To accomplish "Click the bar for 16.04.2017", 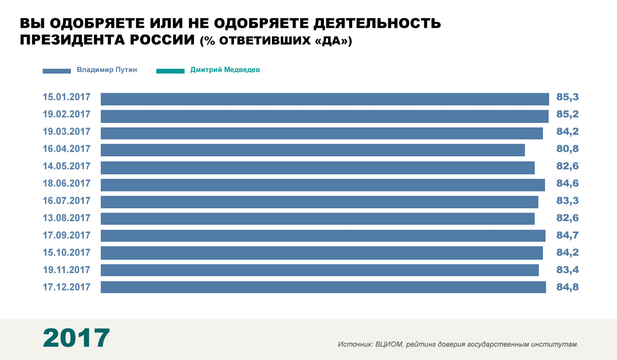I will pyautogui.click(x=313, y=150).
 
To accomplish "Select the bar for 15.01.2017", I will pyautogui.click(x=324, y=99).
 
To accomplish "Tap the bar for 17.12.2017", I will pyautogui.click(x=323, y=287).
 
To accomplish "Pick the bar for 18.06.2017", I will pyautogui.click(x=322, y=185).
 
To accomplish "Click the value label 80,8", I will pyautogui.click(x=567, y=150).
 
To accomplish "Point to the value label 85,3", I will pyautogui.click(x=567, y=97).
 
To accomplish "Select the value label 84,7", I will pyautogui.click(x=567, y=236).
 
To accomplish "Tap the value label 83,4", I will pyautogui.click(x=567, y=270).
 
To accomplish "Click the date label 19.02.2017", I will pyautogui.click(x=67, y=114).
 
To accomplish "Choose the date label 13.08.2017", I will pyautogui.click(x=67, y=218).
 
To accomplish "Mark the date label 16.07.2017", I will pyautogui.click(x=67, y=201).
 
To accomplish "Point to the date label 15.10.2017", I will pyautogui.click(x=67, y=253).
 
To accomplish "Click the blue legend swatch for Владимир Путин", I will pyautogui.click(x=57, y=71).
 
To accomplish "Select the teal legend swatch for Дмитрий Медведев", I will pyautogui.click(x=170, y=71).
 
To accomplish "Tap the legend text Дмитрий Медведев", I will pyautogui.click(x=225, y=70).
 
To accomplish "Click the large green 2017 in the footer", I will pyautogui.click(x=76, y=338).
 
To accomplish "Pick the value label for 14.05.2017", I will pyautogui.click(x=567, y=167).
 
